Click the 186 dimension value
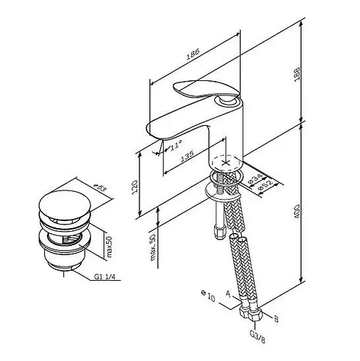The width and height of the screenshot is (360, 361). [193, 54]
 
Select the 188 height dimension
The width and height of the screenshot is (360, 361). [297, 75]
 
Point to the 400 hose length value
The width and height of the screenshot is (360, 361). [297, 212]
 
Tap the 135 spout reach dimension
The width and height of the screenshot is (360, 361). [187, 156]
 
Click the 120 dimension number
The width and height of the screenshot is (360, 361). [134, 187]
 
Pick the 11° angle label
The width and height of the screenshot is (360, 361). [176, 144]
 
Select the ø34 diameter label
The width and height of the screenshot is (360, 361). [255, 179]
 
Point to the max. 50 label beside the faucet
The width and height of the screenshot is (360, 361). [153, 247]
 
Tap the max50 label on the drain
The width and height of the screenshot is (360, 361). [109, 247]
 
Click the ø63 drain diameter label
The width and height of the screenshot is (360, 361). [100, 187]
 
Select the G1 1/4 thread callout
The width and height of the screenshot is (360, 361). [105, 276]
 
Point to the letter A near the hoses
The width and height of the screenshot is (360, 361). [228, 294]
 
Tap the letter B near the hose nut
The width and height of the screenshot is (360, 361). [276, 319]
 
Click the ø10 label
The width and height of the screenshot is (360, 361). [208, 296]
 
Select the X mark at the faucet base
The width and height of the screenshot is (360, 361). [226, 163]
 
